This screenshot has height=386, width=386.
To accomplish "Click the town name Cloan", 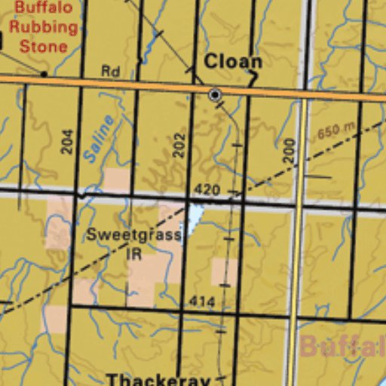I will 233,61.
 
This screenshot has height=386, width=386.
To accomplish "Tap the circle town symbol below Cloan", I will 215,95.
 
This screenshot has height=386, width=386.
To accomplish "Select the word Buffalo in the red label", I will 44,8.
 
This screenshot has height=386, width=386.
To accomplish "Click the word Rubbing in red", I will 44,27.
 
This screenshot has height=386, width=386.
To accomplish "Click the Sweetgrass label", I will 133,234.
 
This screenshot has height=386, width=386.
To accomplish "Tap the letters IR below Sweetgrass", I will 133,253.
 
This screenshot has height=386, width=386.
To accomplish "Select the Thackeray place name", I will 158,378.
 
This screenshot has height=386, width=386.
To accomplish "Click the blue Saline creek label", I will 99,139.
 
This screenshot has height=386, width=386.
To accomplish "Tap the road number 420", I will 207,189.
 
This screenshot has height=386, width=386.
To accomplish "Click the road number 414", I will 202,302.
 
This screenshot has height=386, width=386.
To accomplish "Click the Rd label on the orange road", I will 110,72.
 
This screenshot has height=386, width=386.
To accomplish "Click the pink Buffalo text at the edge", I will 343,347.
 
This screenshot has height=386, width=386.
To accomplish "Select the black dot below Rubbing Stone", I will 44,74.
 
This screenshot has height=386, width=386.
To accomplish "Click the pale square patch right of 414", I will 224,272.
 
